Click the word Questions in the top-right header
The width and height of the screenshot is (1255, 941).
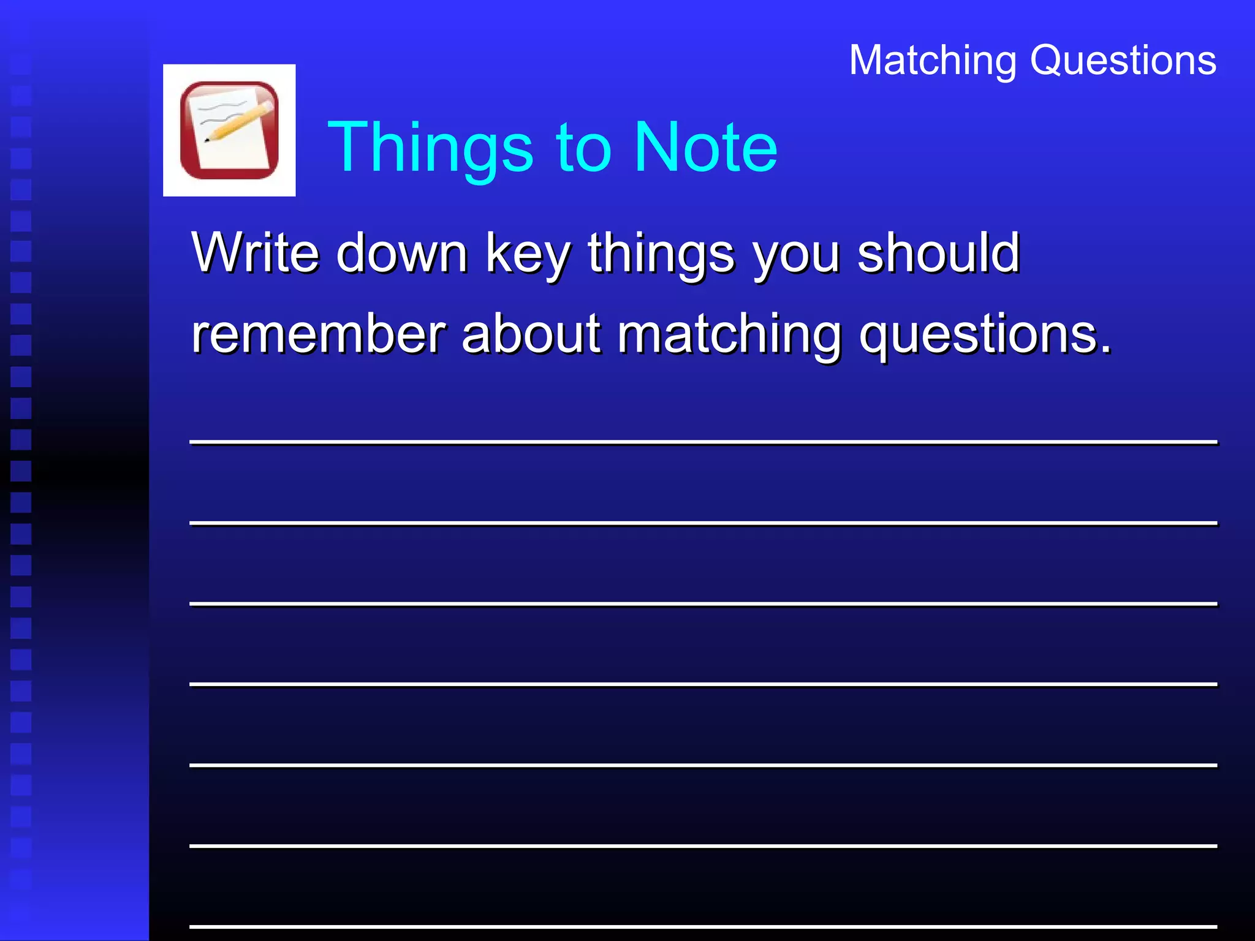tap(1123, 61)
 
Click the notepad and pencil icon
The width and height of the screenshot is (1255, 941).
tap(229, 130)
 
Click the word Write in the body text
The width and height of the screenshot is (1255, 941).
tap(255, 252)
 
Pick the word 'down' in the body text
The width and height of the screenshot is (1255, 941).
tap(402, 254)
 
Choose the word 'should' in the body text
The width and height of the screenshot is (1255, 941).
tap(938, 252)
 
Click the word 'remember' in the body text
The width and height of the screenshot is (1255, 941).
tap(318, 334)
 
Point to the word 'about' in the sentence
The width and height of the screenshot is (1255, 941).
tap(531, 334)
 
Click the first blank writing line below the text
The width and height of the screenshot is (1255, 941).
tap(703, 441)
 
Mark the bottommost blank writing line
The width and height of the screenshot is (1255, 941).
tap(703, 926)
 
